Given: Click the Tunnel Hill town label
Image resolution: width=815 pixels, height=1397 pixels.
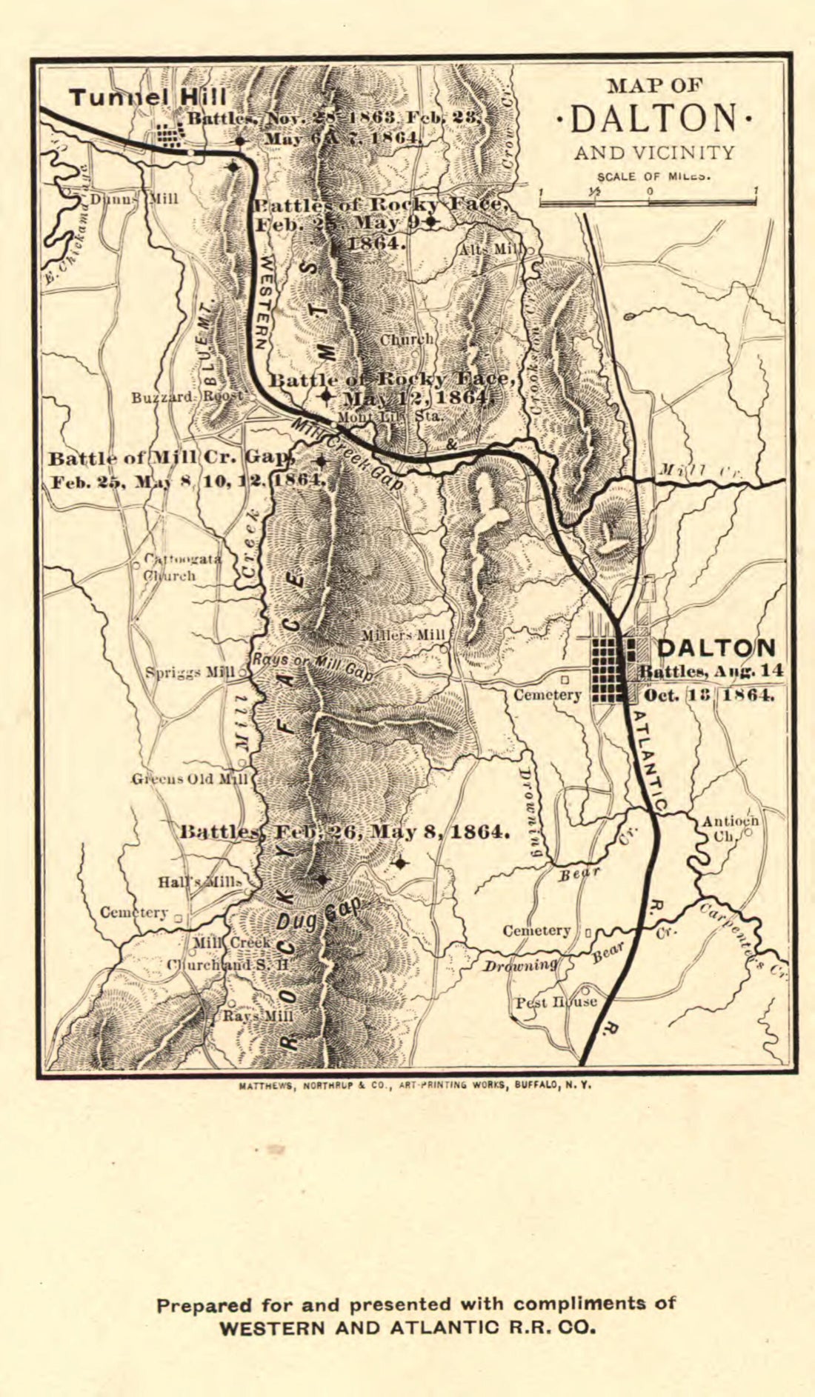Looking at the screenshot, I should (x=148, y=97).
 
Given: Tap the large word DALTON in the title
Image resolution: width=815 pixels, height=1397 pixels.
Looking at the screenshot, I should (x=654, y=119).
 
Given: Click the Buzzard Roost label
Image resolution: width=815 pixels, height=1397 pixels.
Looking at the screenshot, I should (x=187, y=397).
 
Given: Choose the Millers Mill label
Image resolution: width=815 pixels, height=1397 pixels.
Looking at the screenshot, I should (x=403, y=636).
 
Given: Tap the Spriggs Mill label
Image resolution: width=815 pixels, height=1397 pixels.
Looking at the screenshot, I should (x=190, y=673).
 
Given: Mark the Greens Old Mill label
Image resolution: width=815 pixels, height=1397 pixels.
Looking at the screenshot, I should (x=190, y=779).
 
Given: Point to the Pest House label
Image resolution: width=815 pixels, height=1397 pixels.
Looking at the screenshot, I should (x=556, y=1002).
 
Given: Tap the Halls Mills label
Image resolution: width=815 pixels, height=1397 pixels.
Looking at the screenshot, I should (x=199, y=882).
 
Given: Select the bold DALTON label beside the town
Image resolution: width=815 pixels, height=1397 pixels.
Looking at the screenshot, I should (x=716, y=648).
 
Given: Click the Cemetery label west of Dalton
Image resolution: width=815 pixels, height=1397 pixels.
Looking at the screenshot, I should (x=548, y=695).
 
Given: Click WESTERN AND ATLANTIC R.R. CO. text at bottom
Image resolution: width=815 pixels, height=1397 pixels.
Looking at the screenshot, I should (x=408, y=1328).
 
